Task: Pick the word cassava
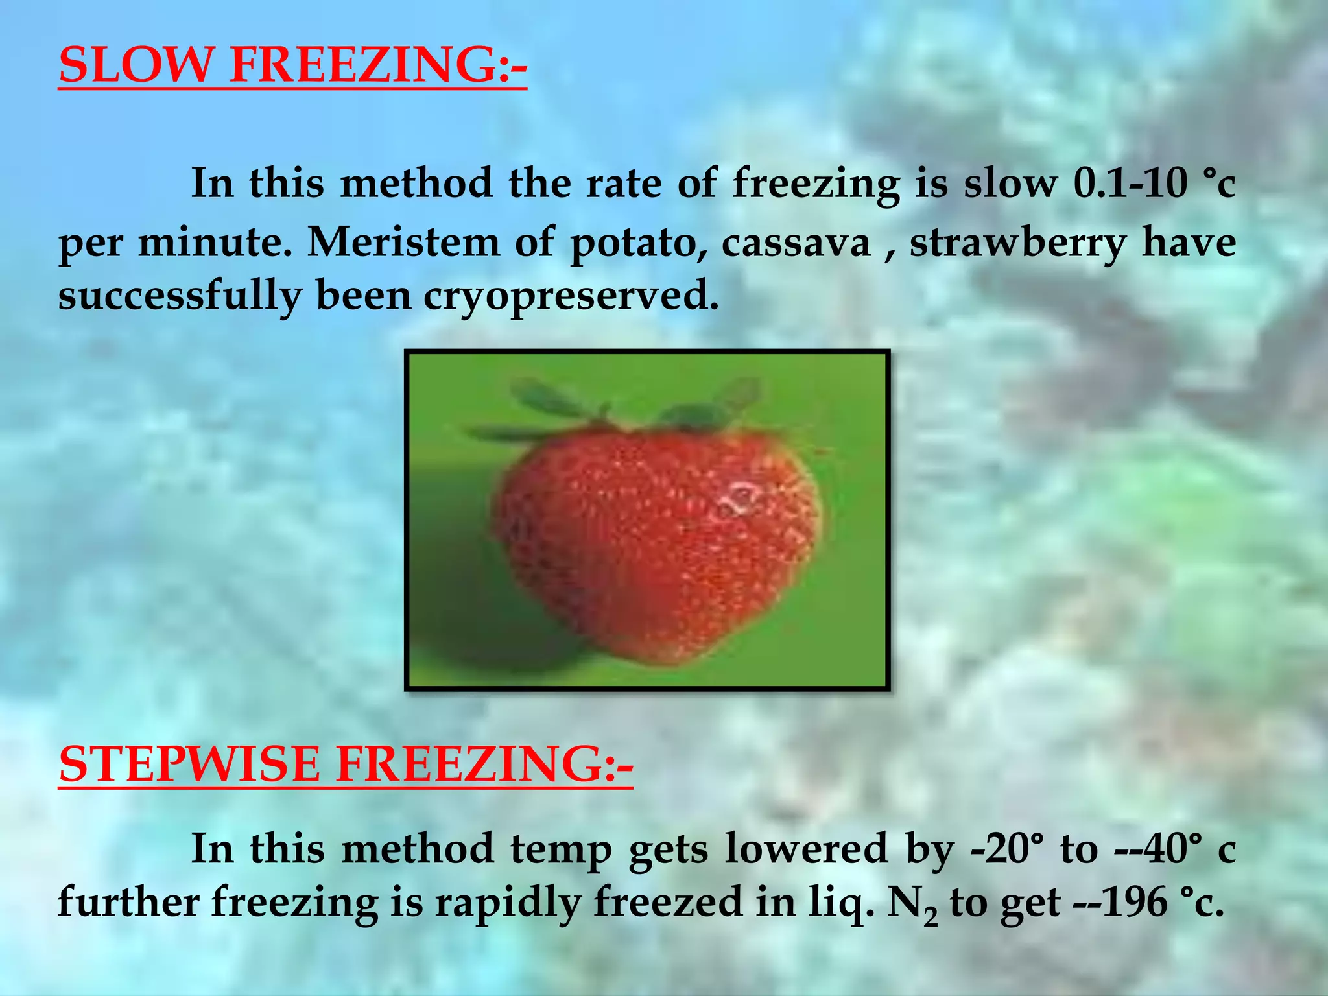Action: tap(796, 244)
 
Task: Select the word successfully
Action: tap(180, 296)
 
